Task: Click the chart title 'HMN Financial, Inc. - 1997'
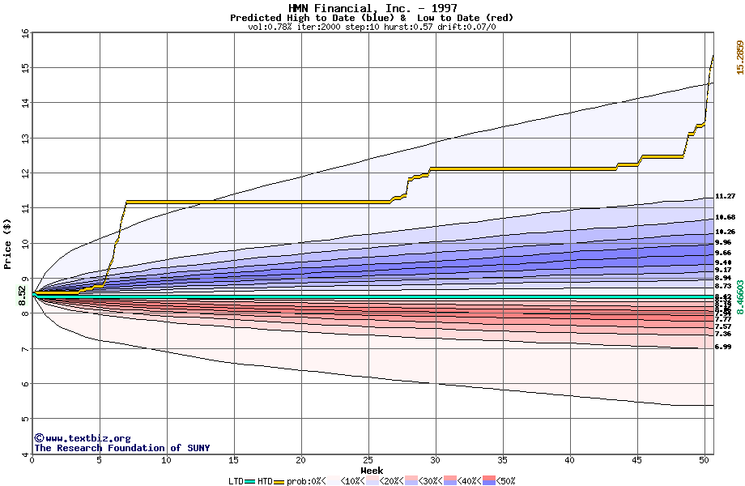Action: coord(372,8)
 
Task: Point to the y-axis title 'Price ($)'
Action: coord(7,244)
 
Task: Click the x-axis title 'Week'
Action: coord(372,471)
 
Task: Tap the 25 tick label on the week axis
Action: coord(368,460)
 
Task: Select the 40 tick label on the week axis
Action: coord(570,460)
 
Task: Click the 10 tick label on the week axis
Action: coord(167,460)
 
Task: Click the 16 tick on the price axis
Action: coord(25,33)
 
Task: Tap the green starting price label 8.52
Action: coord(23,293)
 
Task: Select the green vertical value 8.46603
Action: coord(739,298)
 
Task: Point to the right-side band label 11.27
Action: coord(725,196)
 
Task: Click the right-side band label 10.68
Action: coord(725,217)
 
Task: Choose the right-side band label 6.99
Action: coord(723,347)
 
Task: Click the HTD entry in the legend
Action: coord(264,481)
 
